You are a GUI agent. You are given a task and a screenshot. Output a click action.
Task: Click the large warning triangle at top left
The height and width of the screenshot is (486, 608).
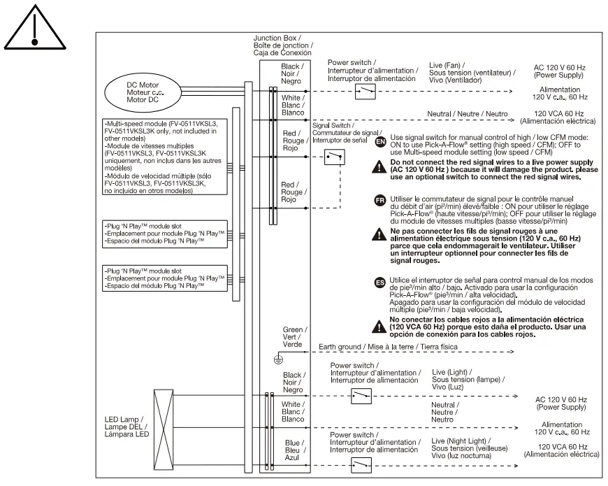coord(33,29)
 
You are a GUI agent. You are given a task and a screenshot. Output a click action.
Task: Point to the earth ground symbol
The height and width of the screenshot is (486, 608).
coord(278,359)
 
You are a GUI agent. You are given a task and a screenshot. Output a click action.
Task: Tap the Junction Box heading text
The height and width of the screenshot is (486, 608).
coord(283,44)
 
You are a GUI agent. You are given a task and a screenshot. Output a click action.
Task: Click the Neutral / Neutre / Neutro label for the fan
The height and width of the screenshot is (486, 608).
coord(468,113)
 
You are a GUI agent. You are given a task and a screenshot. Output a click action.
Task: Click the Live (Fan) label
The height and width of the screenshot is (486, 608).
coord(472,72)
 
